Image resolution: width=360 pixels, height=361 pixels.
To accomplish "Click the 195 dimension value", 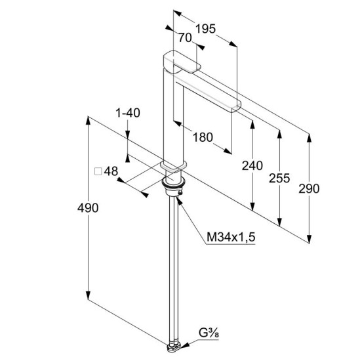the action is coord(205,29).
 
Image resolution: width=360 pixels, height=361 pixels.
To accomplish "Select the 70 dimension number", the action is coord(185,38).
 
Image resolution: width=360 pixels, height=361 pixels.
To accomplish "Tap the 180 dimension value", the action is coord(203,137).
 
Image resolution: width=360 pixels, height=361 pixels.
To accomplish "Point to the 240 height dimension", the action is coord(252,166).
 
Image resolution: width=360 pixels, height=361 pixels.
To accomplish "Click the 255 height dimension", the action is coord(279,178).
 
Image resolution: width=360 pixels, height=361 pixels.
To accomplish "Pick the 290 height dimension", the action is coord(309,189).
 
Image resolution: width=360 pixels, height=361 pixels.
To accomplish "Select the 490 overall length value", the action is coord(88,208).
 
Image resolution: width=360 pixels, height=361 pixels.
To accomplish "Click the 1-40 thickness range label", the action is coord(128,113).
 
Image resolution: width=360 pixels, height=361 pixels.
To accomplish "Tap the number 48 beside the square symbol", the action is coord(111,171).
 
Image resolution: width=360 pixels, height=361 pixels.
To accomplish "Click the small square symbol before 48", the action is coord(98,171).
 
